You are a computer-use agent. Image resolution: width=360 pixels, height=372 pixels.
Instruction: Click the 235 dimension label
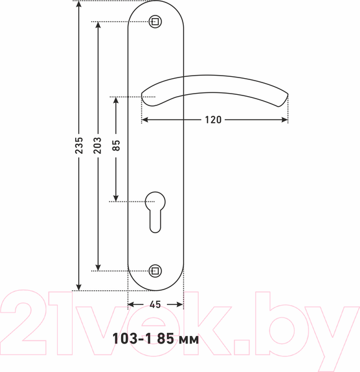78,145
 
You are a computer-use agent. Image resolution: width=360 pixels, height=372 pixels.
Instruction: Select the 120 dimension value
213,120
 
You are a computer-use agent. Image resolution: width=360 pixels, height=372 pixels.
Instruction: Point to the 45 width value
155,304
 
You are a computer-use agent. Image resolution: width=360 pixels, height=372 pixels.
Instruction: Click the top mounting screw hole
155,22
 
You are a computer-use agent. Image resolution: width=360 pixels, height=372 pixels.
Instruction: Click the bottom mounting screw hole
155,270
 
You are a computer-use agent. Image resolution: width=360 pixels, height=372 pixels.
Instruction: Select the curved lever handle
214,90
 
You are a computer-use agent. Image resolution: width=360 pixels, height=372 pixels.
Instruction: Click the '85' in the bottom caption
164,339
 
